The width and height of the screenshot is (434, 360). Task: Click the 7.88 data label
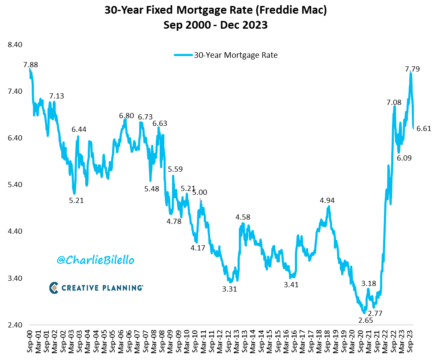point(31,65)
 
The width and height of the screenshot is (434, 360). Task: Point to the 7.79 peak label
point(412,68)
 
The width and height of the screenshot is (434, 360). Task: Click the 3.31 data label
point(229,289)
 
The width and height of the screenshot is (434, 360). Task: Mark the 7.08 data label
point(394,102)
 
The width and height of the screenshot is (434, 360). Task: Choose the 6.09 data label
point(404,158)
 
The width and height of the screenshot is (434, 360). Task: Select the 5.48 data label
point(152,189)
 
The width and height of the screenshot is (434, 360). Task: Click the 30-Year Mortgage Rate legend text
point(236,55)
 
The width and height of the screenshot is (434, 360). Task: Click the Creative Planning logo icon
point(54,288)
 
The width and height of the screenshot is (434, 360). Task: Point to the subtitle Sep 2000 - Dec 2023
point(215,25)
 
